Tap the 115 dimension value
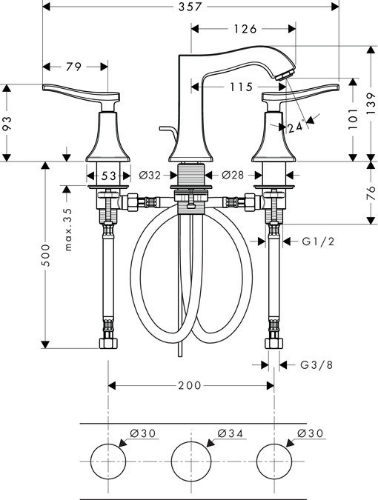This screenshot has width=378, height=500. tap(239, 87)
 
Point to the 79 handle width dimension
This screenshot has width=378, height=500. tap(73, 67)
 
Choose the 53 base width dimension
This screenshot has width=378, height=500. tap(109, 176)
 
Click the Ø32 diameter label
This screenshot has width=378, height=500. tap(150, 176)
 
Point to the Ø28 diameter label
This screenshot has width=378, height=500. tap(232, 176)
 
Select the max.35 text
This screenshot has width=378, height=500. tap(68, 229)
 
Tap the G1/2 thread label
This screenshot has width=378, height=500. tap(316, 241)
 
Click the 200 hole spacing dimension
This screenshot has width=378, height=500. tap(191, 385)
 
